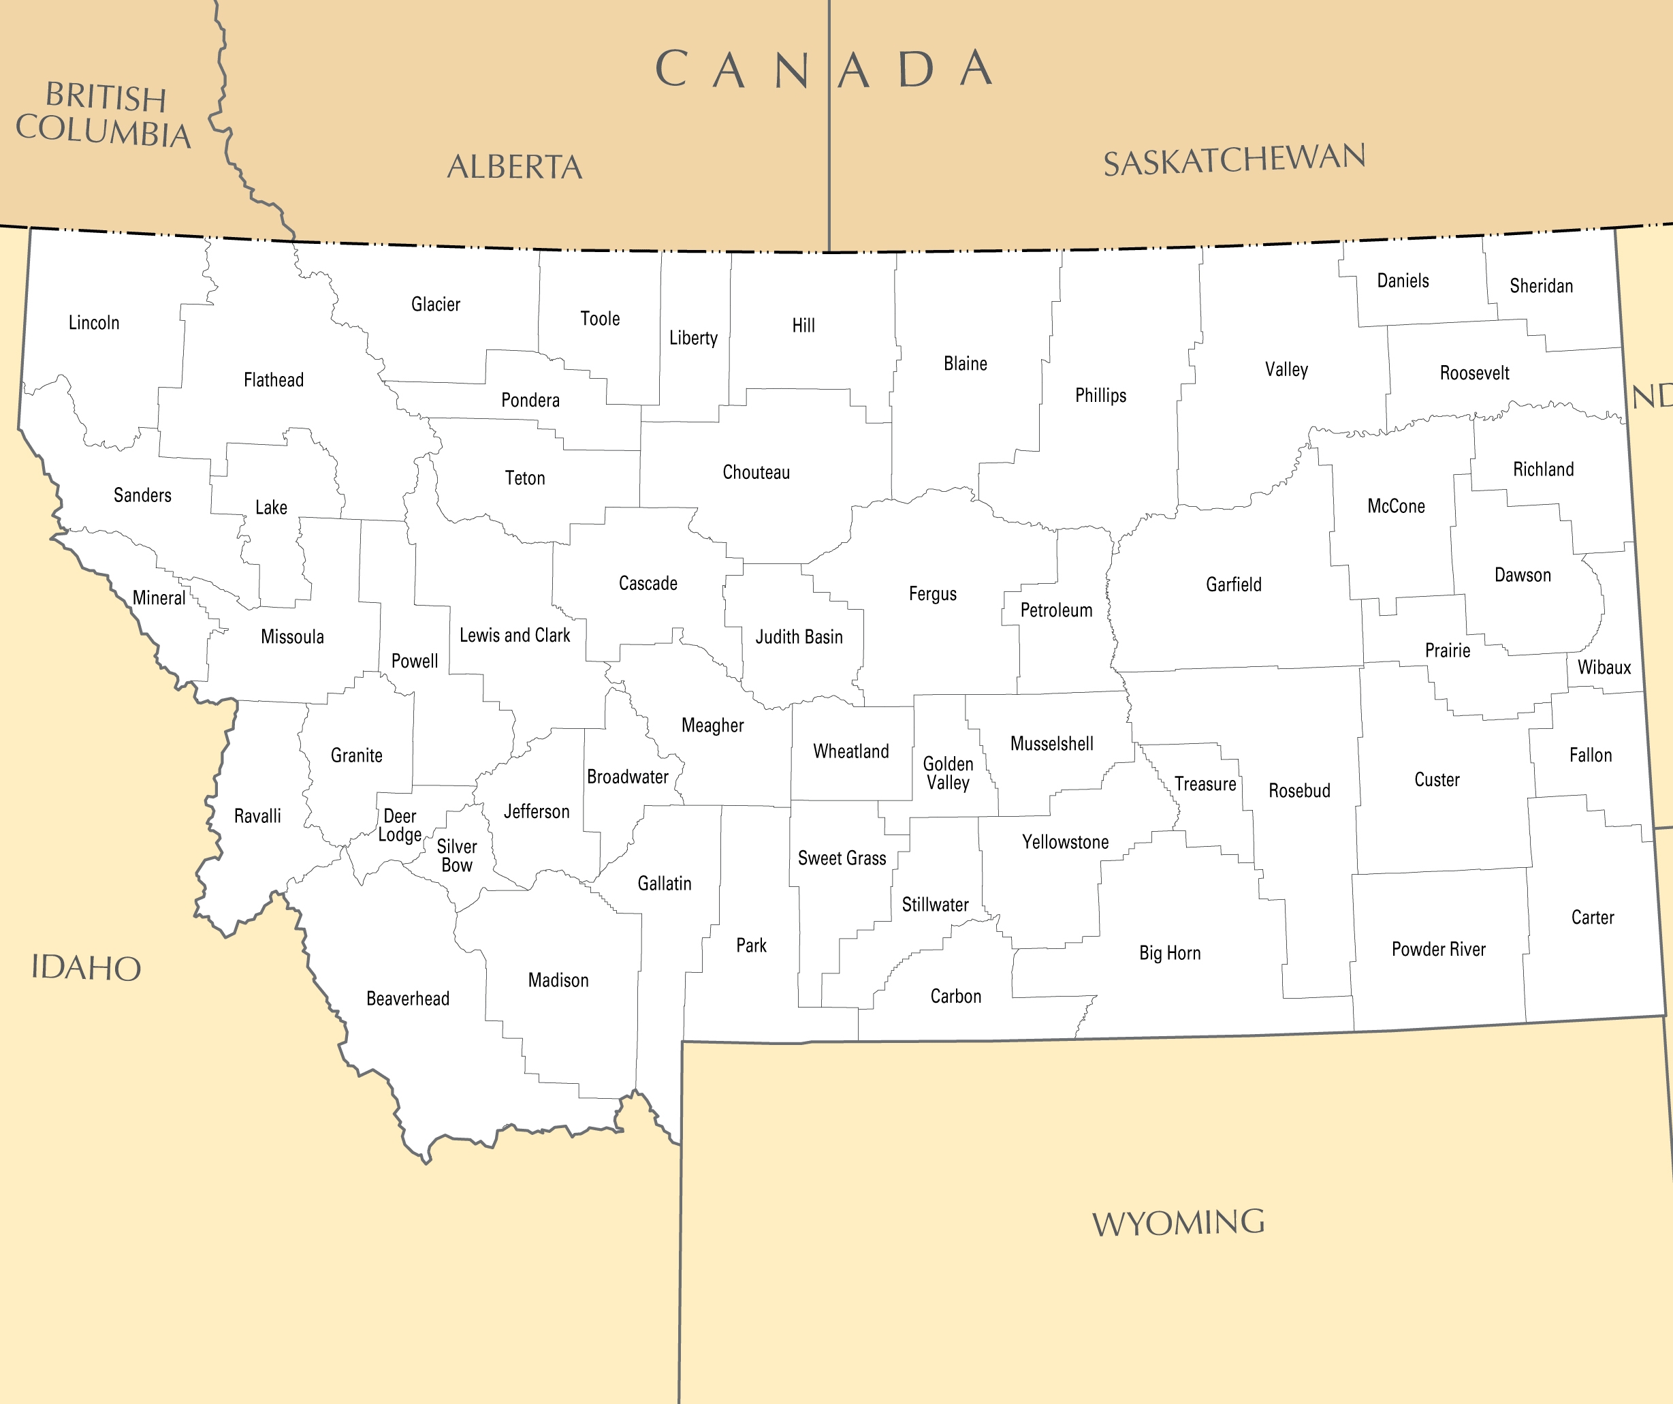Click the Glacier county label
coord(436,305)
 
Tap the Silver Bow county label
coord(456,856)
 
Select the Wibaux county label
coord(1604,668)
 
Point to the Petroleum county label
coord(1056,610)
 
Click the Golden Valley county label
coord(948,773)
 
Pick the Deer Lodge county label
coord(400,826)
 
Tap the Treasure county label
coord(1205,784)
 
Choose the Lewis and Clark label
coord(515,635)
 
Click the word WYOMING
coord(1178,1223)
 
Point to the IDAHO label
coord(86,968)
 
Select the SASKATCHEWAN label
coord(1234,159)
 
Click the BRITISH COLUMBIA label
coord(104,116)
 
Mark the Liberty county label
coord(693,338)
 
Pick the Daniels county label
coord(1403,281)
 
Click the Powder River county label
coord(1439,949)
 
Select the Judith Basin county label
coord(799,637)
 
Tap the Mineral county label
coord(159,597)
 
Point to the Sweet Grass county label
coord(842,858)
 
